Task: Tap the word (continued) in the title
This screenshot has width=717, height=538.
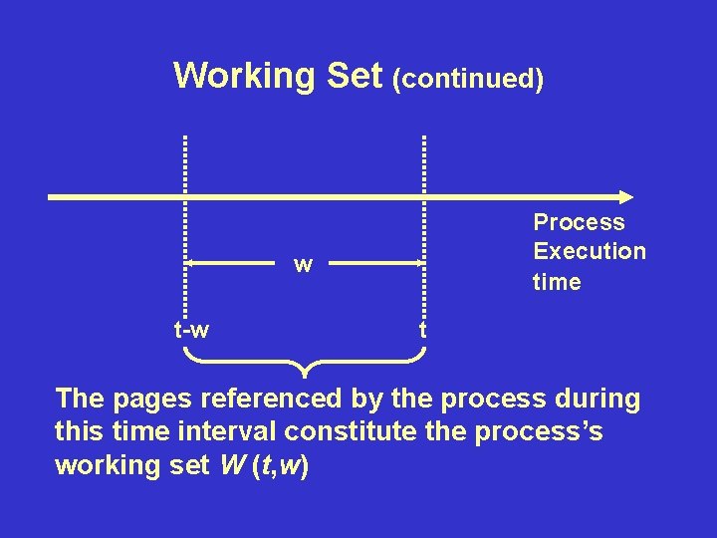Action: (468, 79)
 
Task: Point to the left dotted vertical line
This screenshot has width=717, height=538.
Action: (185, 229)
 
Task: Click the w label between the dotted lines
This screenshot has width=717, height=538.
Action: (304, 265)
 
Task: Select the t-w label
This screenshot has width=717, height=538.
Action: (191, 329)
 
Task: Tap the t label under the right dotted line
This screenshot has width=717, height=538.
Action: (423, 329)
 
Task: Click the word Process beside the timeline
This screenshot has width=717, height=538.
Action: (579, 223)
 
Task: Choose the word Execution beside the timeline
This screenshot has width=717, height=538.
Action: (590, 251)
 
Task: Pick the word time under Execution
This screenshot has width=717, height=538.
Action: (557, 282)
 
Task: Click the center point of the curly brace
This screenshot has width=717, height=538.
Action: (304, 371)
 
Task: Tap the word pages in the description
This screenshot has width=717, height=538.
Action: (154, 400)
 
